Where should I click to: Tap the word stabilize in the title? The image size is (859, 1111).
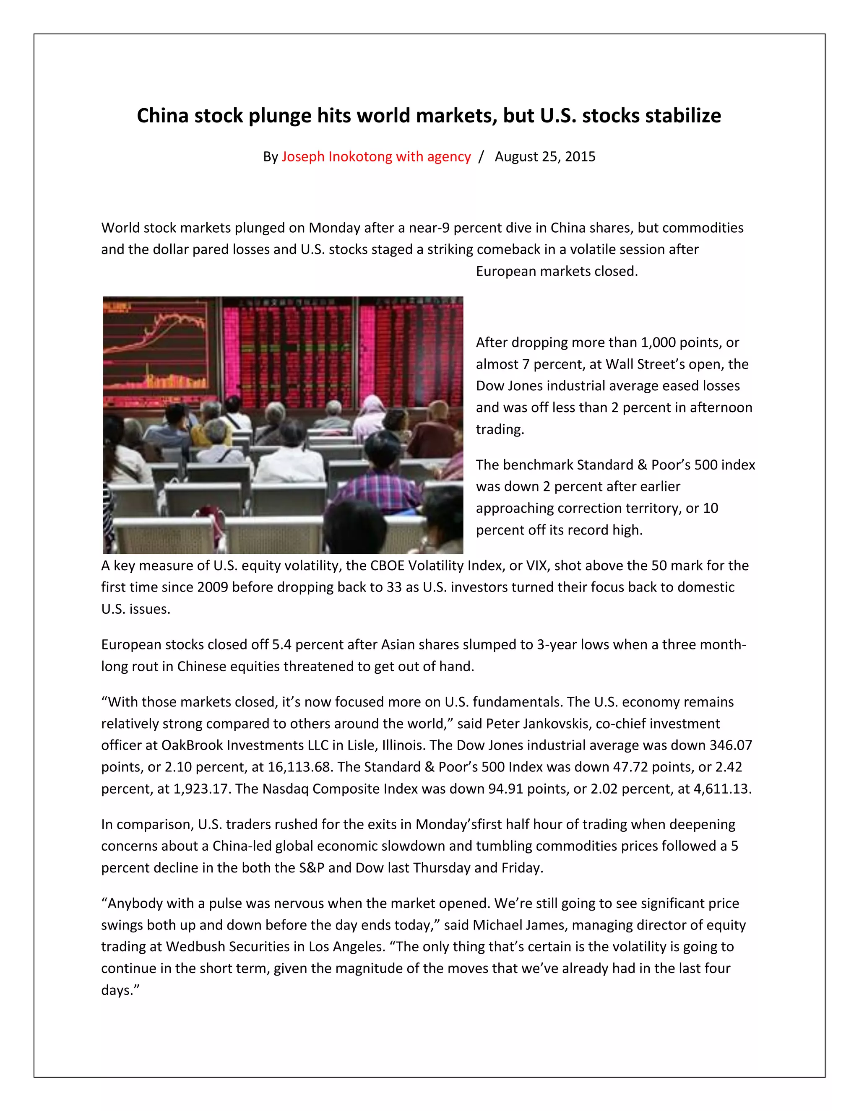tap(682, 116)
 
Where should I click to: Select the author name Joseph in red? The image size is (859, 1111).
tap(303, 157)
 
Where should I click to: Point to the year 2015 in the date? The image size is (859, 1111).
tap(580, 157)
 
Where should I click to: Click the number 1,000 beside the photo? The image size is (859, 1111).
tap(659, 343)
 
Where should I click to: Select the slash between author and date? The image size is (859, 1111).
tap(482, 157)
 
